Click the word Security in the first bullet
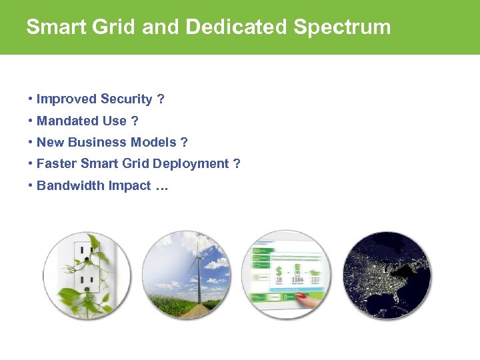(127, 99)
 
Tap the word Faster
(57, 164)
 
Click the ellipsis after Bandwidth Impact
(161, 186)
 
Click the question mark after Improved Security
(161, 99)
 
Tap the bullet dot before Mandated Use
(31, 121)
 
